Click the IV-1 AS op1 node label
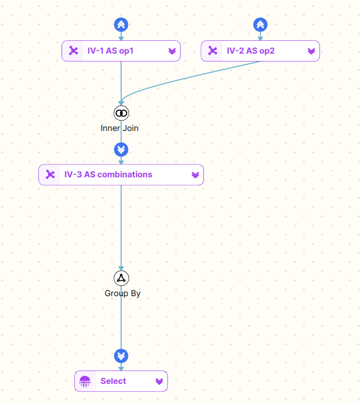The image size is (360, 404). tap(110, 51)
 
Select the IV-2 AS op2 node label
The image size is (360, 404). tap(250, 51)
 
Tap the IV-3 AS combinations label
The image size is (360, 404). tap(108, 174)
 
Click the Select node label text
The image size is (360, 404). tap(113, 381)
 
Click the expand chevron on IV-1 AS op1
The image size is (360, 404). tap(172, 51)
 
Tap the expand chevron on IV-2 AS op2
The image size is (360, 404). tap(311, 51)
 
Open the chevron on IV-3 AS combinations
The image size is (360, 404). tap(195, 175)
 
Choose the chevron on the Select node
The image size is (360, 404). tap(159, 381)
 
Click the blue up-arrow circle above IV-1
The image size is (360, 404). tap(121, 25)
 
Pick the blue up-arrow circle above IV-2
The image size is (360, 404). tap(260, 25)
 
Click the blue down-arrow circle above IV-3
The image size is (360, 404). tap(121, 149)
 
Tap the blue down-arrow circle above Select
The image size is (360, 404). tap(121, 356)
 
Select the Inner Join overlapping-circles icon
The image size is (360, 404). tap(121, 113)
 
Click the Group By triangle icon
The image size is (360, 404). tap(121, 278)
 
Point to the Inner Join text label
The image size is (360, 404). tap(119, 128)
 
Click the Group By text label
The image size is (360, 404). tap(122, 294)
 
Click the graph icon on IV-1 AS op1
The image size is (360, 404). tap(73, 51)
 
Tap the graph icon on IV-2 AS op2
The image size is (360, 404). tap(213, 51)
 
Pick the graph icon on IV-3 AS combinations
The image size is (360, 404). tap(50, 174)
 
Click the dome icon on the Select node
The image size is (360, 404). tap(85, 381)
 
